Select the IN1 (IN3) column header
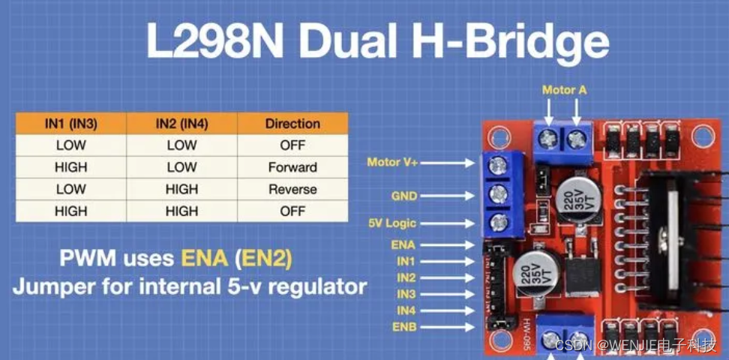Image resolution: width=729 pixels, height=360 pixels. click(70, 124)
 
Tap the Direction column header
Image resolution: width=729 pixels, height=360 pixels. click(292, 124)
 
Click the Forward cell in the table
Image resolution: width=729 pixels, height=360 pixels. click(292, 167)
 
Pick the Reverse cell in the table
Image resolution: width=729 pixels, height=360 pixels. click(292, 189)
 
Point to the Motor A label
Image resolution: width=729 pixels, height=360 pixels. click(564, 90)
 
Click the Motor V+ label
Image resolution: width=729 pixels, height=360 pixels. click(392, 162)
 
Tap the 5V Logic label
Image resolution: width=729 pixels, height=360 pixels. click(391, 223)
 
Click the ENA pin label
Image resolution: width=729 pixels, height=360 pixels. click(403, 244)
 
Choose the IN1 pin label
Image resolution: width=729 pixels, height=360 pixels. click(406, 261)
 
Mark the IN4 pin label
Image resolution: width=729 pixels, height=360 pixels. click(406, 310)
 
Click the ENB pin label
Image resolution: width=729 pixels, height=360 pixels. click(403, 327)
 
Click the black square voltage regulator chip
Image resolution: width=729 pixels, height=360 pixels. click(584, 277)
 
